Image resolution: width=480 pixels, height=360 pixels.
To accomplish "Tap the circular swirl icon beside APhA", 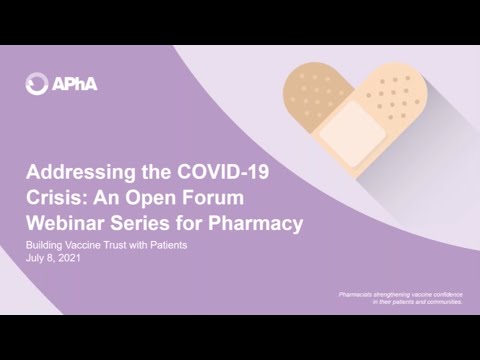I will click(38, 83).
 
